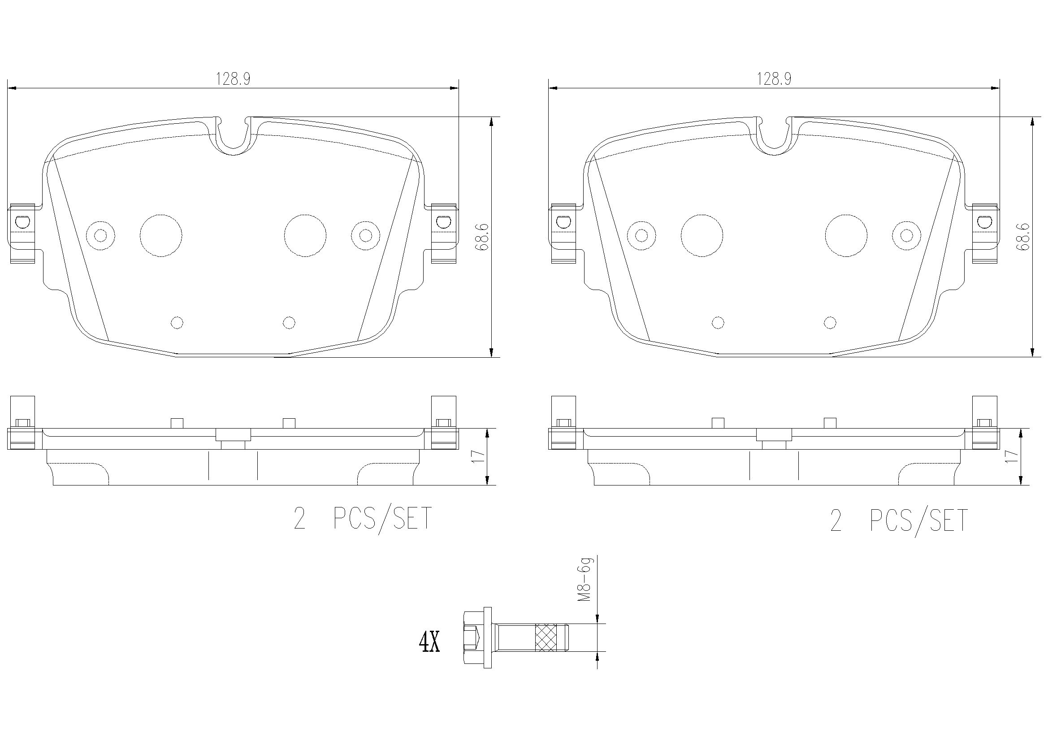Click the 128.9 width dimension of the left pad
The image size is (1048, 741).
(233, 79)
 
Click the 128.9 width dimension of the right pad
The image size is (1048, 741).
(774, 79)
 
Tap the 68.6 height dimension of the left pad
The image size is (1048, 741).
(481, 237)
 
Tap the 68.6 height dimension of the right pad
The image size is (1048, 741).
(1022, 237)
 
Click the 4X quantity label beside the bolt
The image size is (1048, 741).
(429, 642)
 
